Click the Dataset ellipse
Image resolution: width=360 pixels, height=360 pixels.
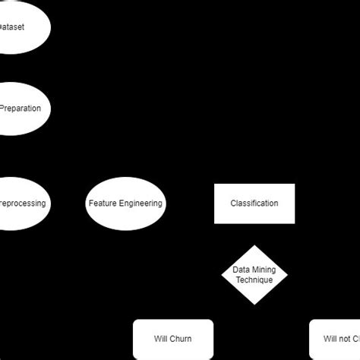[x=19, y=27]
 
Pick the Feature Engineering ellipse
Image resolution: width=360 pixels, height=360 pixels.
[x=125, y=204]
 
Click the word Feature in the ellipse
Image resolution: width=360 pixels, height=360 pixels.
[x=102, y=204]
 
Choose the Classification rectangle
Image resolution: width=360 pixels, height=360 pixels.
[x=254, y=204]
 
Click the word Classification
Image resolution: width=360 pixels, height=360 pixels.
[x=254, y=204]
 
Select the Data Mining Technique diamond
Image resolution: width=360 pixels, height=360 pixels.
[x=254, y=275]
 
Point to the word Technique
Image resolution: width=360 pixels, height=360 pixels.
[x=254, y=280]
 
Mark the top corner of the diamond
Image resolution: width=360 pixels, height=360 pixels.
[x=254, y=245]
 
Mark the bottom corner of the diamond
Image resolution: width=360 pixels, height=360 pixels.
[x=254, y=305]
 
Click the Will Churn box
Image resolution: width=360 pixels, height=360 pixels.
[x=173, y=339]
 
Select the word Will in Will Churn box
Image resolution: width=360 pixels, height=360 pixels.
[x=160, y=339]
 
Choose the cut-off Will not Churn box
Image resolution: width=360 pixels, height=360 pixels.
[x=335, y=339]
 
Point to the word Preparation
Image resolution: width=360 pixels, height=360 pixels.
[x=21, y=109]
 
